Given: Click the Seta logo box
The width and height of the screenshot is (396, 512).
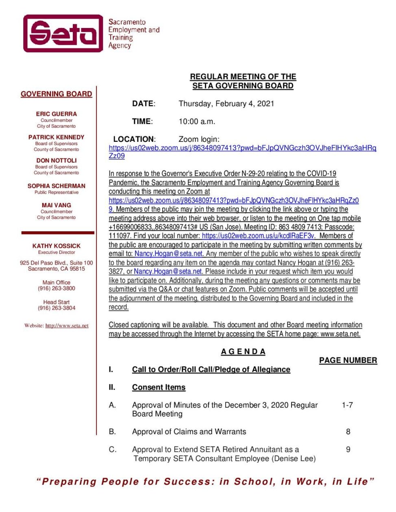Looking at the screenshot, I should (63, 33).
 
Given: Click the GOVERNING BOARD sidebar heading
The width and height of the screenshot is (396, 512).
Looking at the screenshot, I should (56, 94).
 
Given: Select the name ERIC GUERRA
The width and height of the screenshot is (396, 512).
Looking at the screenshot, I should (56, 114).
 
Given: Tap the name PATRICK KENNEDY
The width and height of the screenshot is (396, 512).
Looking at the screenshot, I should (56, 137).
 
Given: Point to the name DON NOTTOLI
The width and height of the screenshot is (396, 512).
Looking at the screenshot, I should (56, 160).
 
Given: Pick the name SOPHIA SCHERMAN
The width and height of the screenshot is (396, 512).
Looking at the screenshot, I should (56, 186).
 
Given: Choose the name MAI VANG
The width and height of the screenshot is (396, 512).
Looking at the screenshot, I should (56, 205).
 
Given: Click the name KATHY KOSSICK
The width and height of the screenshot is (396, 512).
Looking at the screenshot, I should (56, 246).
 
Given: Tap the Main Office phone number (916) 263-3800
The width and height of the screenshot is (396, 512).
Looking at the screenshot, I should (56, 289).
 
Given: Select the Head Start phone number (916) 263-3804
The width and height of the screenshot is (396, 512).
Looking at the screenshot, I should (56, 308).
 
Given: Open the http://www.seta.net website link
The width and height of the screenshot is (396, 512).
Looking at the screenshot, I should (67, 325).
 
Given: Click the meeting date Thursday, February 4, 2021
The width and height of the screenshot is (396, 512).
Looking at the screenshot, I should (226, 104).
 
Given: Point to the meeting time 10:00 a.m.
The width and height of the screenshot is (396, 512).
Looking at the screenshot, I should (197, 121).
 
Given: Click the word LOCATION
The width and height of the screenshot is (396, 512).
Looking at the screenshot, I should (134, 139).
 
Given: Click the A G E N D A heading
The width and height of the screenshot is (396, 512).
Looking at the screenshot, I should (243, 351).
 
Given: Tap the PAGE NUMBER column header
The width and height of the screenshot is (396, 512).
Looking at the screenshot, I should (348, 360).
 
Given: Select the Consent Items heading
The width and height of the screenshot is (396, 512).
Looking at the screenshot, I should (159, 387).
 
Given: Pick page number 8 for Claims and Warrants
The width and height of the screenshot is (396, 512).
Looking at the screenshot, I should (348, 432).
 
